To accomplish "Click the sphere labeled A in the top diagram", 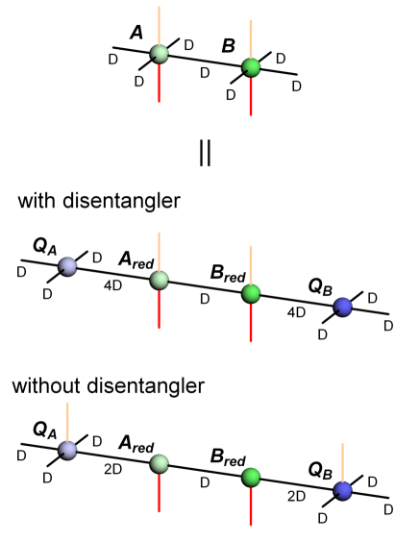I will point(159,55).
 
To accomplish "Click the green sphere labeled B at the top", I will point(250,67).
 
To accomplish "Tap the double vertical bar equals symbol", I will point(205,154).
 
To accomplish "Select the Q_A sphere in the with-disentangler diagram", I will point(67,266).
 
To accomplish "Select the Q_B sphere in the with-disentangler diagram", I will point(342,307).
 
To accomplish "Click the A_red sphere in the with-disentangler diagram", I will point(160,280).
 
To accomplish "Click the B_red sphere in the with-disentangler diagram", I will point(251,293).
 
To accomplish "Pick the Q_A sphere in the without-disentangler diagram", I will point(67,451).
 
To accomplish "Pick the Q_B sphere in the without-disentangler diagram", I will point(342,490).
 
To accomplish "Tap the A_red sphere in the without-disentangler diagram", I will point(160,464).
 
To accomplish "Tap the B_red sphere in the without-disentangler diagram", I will point(251,478).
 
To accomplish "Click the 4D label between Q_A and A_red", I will point(113,285).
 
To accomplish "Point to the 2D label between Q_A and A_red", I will point(113,470).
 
